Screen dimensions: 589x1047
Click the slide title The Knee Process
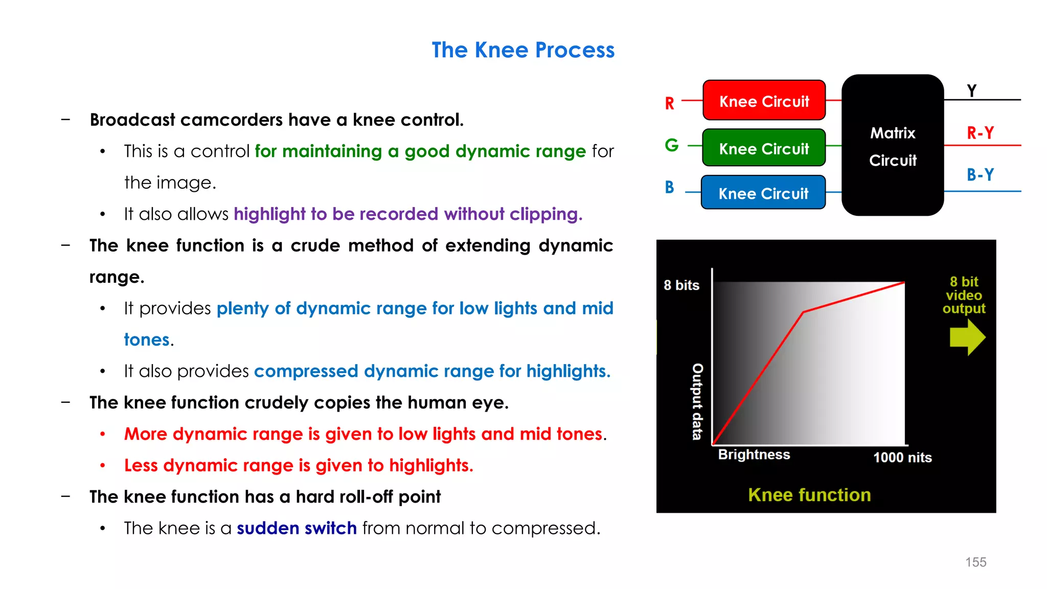(523, 50)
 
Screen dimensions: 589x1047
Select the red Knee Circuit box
(764, 101)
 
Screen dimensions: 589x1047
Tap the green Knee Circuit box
(764, 148)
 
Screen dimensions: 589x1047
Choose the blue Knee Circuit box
(763, 193)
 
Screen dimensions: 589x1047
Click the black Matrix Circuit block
(893, 146)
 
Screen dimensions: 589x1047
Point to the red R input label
(669, 104)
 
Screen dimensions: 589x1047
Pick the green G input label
(671, 145)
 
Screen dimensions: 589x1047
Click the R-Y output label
(980, 133)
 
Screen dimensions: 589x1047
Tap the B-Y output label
(980, 175)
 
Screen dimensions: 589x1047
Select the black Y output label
(972, 90)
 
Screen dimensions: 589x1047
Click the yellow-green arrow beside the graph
(967, 337)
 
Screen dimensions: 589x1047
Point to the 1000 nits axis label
(902, 458)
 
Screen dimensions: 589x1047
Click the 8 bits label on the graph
(681, 285)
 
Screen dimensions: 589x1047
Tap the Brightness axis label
(754, 455)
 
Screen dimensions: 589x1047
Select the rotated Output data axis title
(697, 401)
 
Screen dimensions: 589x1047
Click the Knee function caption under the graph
(809, 495)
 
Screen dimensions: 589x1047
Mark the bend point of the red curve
(803, 312)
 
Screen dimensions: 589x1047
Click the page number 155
(975, 562)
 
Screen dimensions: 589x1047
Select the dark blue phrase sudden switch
(297, 528)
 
